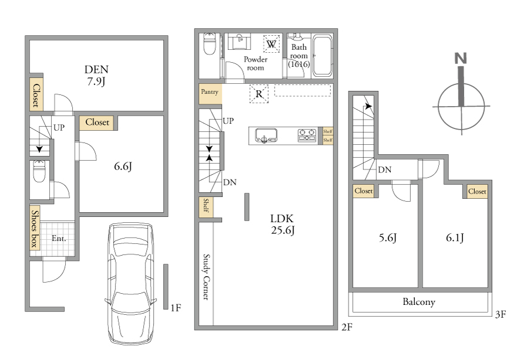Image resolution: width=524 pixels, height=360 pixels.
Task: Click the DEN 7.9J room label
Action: click(x=96, y=75)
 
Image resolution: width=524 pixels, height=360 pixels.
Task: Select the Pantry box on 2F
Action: click(x=210, y=93)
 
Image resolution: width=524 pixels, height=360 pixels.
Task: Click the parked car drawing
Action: click(x=131, y=283)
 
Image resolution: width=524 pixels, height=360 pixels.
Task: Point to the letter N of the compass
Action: click(x=461, y=59)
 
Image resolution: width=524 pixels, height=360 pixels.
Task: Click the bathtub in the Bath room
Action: click(x=322, y=56)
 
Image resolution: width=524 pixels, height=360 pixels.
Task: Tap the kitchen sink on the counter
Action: click(x=266, y=135)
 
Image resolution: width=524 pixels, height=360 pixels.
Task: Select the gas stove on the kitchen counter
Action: click(x=307, y=135)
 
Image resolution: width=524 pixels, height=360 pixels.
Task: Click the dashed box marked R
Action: click(x=259, y=94)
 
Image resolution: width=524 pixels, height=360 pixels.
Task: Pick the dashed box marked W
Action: click(x=272, y=44)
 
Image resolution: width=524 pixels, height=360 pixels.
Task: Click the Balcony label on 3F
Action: click(x=419, y=302)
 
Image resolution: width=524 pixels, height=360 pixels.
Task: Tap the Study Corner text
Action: click(x=207, y=277)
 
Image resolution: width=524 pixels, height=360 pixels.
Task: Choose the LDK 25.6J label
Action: click(x=283, y=225)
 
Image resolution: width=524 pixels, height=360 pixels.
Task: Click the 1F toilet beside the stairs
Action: click(x=39, y=172)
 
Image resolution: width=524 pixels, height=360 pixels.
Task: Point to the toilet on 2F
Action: click(x=209, y=44)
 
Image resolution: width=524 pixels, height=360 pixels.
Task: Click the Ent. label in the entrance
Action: click(x=59, y=239)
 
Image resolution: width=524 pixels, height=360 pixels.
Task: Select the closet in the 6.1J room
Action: click(x=477, y=192)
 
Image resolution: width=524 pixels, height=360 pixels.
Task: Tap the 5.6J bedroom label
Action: click(x=388, y=238)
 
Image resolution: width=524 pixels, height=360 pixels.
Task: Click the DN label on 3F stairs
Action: click(x=385, y=170)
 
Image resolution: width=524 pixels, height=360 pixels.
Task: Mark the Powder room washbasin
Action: click(x=239, y=42)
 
